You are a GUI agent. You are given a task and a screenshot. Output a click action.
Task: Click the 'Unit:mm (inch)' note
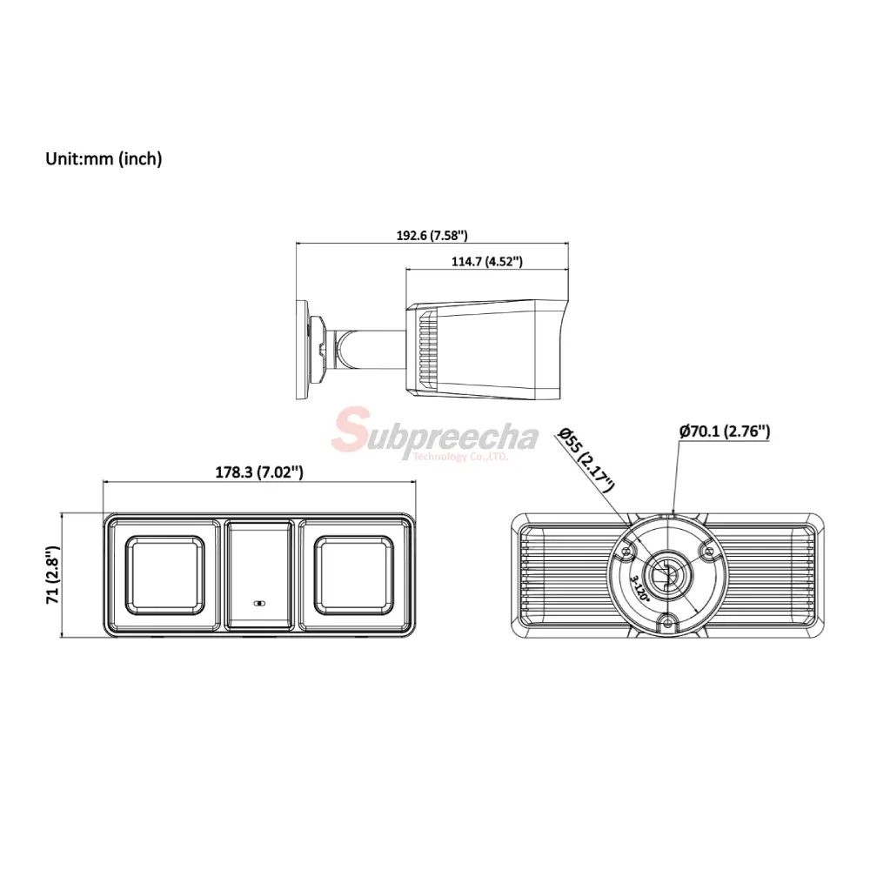(x=104, y=159)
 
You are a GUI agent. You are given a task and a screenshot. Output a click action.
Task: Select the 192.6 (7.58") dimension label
(x=432, y=235)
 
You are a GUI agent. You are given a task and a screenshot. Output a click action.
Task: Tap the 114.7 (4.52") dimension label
(x=486, y=261)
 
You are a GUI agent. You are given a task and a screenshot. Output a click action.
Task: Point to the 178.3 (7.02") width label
(x=259, y=472)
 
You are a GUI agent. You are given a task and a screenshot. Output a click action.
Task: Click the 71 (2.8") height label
(x=53, y=574)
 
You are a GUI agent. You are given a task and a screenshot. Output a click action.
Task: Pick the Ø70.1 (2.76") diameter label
(x=725, y=432)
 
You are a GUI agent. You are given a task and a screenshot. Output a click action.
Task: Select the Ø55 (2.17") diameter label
(x=586, y=459)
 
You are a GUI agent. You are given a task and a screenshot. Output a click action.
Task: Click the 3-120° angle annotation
(x=639, y=589)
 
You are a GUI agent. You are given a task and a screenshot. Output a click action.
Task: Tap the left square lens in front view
(x=164, y=575)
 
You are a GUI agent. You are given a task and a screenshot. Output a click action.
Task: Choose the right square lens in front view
(x=353, y=575)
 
